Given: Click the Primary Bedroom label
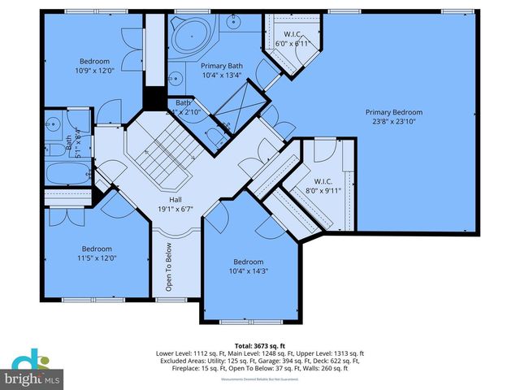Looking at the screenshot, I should (394, 112).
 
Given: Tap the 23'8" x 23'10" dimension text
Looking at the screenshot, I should (394, 122).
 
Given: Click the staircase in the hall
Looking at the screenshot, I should (162, 158).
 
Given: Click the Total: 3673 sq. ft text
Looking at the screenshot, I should (260, 346).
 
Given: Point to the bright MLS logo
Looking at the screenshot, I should (32, 370).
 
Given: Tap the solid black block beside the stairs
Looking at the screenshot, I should (152, 97).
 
